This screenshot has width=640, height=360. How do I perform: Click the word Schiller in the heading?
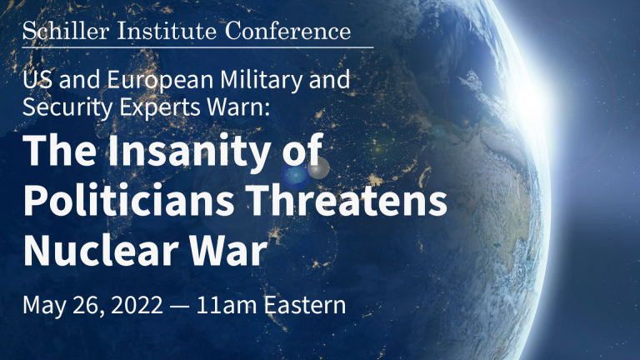pos(66,31)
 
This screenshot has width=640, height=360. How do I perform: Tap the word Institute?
pos(167,31)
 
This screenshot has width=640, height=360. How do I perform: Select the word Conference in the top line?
pos(287,31)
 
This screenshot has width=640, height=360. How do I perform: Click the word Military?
pos(262,80)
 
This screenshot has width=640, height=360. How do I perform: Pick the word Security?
pos(67,107)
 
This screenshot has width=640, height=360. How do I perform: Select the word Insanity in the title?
pos(188,151)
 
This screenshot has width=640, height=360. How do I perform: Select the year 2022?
pos(137,305)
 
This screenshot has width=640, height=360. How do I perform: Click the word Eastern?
pos(305,305)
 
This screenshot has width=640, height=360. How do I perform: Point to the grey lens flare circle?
pos(318,167)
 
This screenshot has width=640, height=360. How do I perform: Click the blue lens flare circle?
pos(296,176)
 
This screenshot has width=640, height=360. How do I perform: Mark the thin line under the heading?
pos(198,47)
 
